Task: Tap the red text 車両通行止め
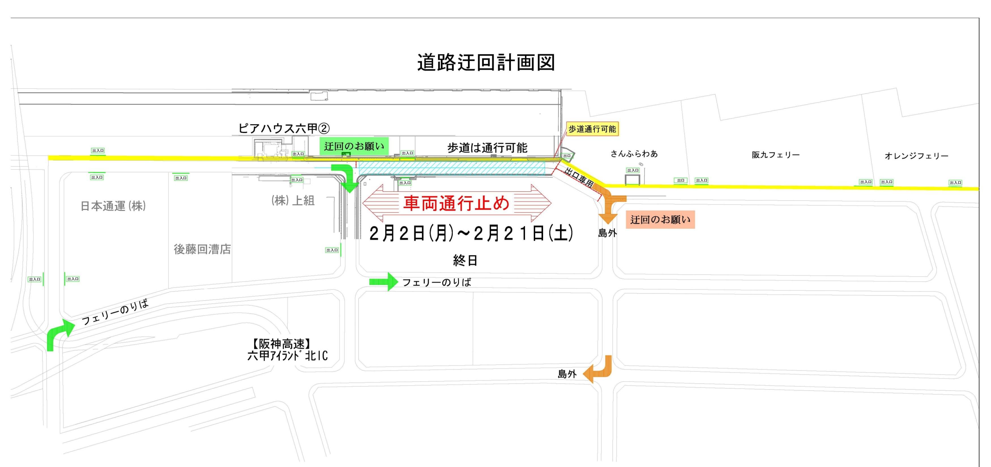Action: (x=456, y=203)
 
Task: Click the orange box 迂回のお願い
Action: (x=660, y=220)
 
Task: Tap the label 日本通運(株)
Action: (x=113, y=206)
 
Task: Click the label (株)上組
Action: (x=293, y=200)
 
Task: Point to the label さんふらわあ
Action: (x=634, y=154)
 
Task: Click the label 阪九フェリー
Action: (x=776, y=155)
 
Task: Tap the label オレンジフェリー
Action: (x=916, y=156)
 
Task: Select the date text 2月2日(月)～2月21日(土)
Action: (x=471, y=233)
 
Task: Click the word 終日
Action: (x=465, y=261)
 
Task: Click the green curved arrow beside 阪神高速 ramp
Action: (x=59, y=334)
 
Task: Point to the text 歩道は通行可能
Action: (x=487, y=148)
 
